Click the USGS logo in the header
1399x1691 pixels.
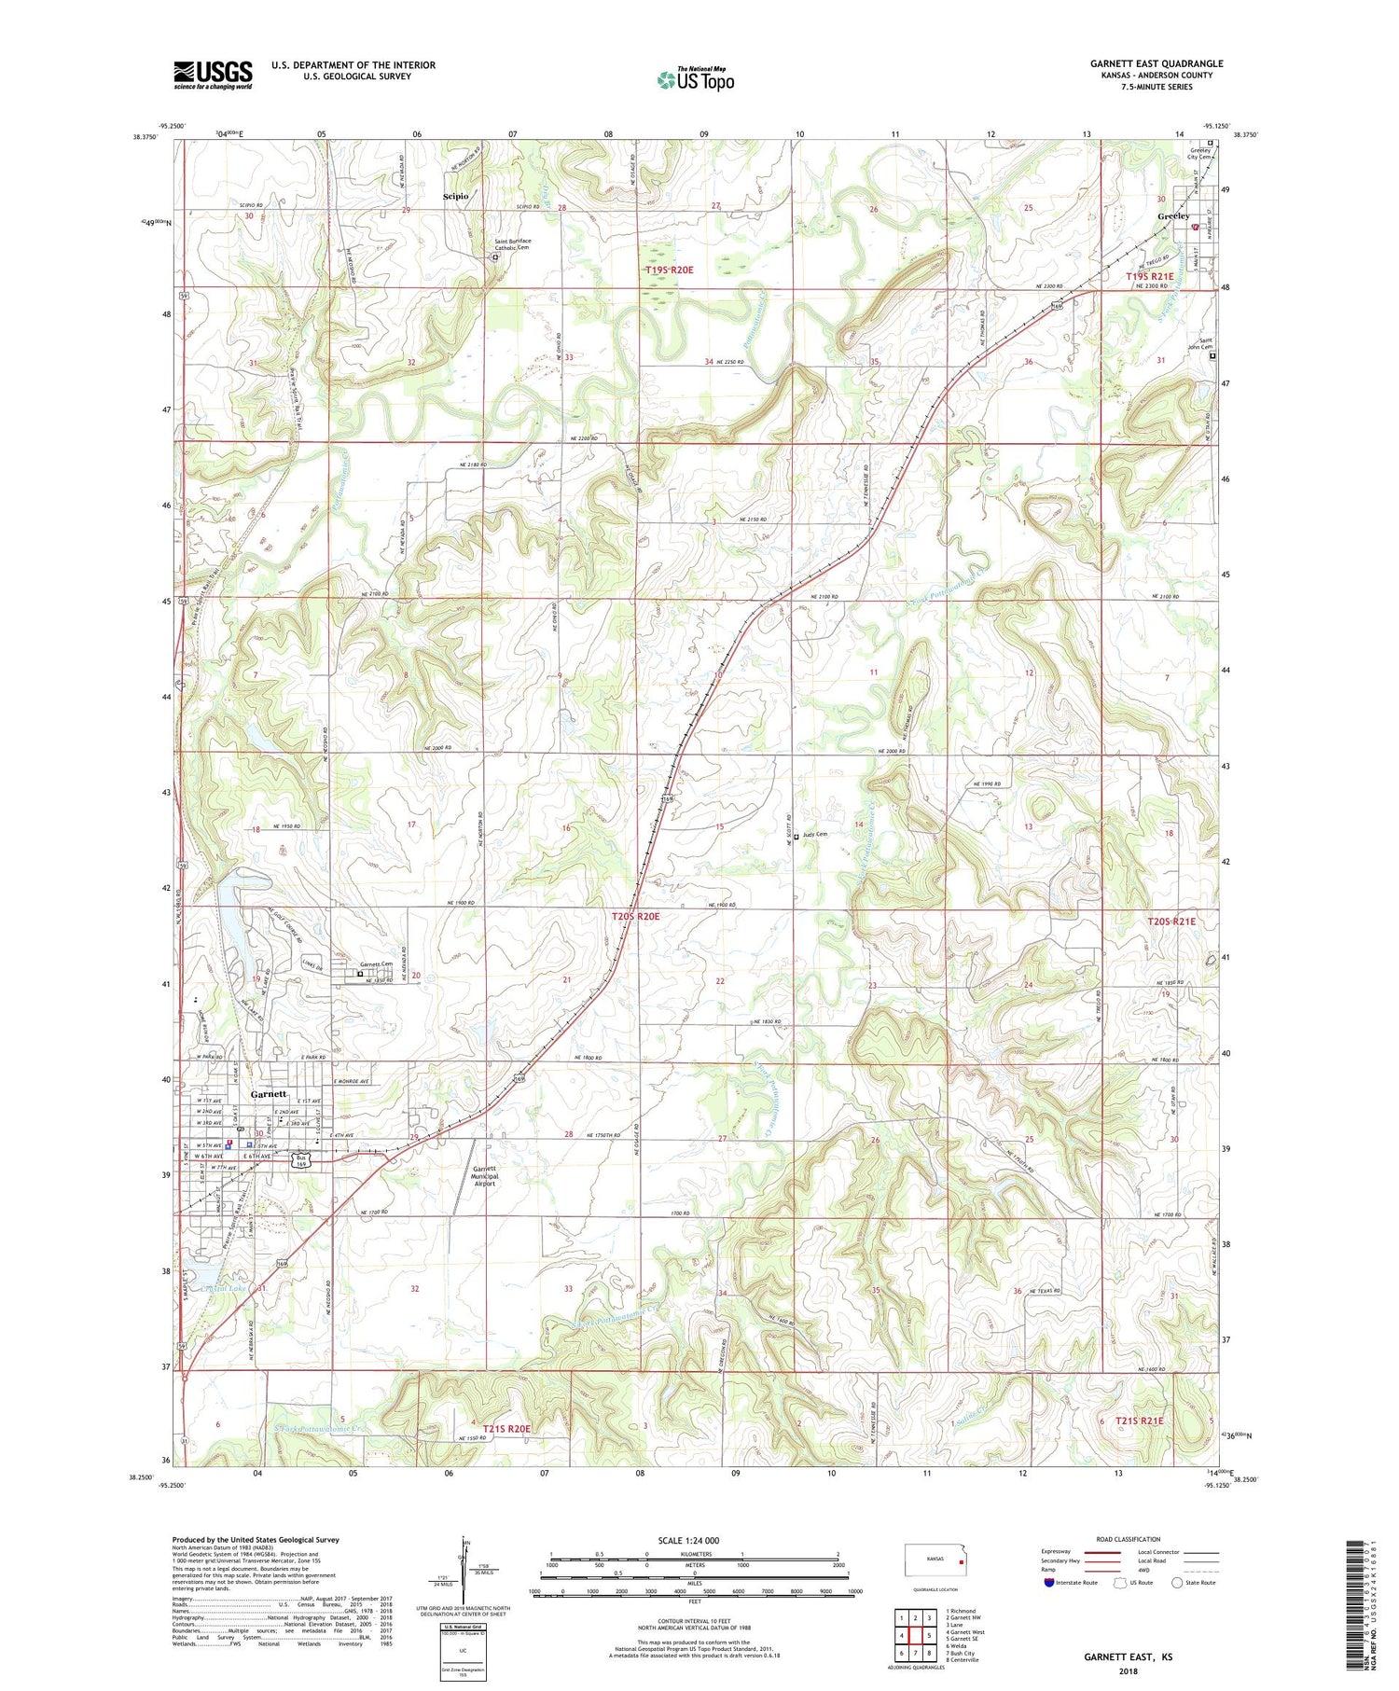pos(213,75)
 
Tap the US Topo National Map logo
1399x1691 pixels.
pos(696,79)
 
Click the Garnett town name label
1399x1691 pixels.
pos(269,1094)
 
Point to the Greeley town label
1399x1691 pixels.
pos(1172,216)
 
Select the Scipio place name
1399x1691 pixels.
pos(455,197)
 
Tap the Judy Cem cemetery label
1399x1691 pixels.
pos(814,835)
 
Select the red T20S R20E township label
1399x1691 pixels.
pos(635,917)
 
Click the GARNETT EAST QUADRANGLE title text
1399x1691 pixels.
pos(1157,63)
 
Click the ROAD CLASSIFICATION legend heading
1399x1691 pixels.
pos(1129,1539)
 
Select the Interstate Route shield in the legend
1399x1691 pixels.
pos(1050,1583)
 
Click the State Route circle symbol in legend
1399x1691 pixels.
pos(1177,1583)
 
